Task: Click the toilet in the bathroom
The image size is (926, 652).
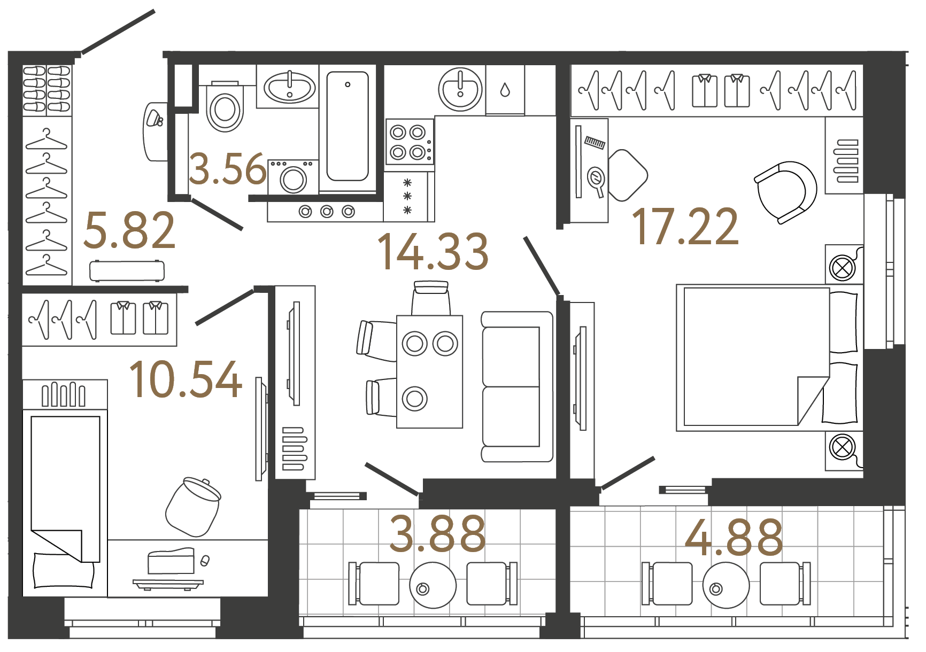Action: click(225, 109)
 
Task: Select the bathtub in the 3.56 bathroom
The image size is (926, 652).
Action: click(348, 127)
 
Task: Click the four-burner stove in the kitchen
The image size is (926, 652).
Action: click(409, 142)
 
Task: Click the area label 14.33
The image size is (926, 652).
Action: click(433, 252)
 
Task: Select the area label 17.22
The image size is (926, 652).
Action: click(685, 228)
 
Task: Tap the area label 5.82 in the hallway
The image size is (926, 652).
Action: click(130, 231)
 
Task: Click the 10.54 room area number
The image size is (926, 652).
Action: click(186, 379)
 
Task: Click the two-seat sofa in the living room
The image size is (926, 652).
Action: click(516, 386)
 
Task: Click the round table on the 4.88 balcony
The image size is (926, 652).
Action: click(726, 585)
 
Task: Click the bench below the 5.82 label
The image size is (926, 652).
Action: click(127, 271)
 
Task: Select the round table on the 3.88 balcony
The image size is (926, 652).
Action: click(433, 585)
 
